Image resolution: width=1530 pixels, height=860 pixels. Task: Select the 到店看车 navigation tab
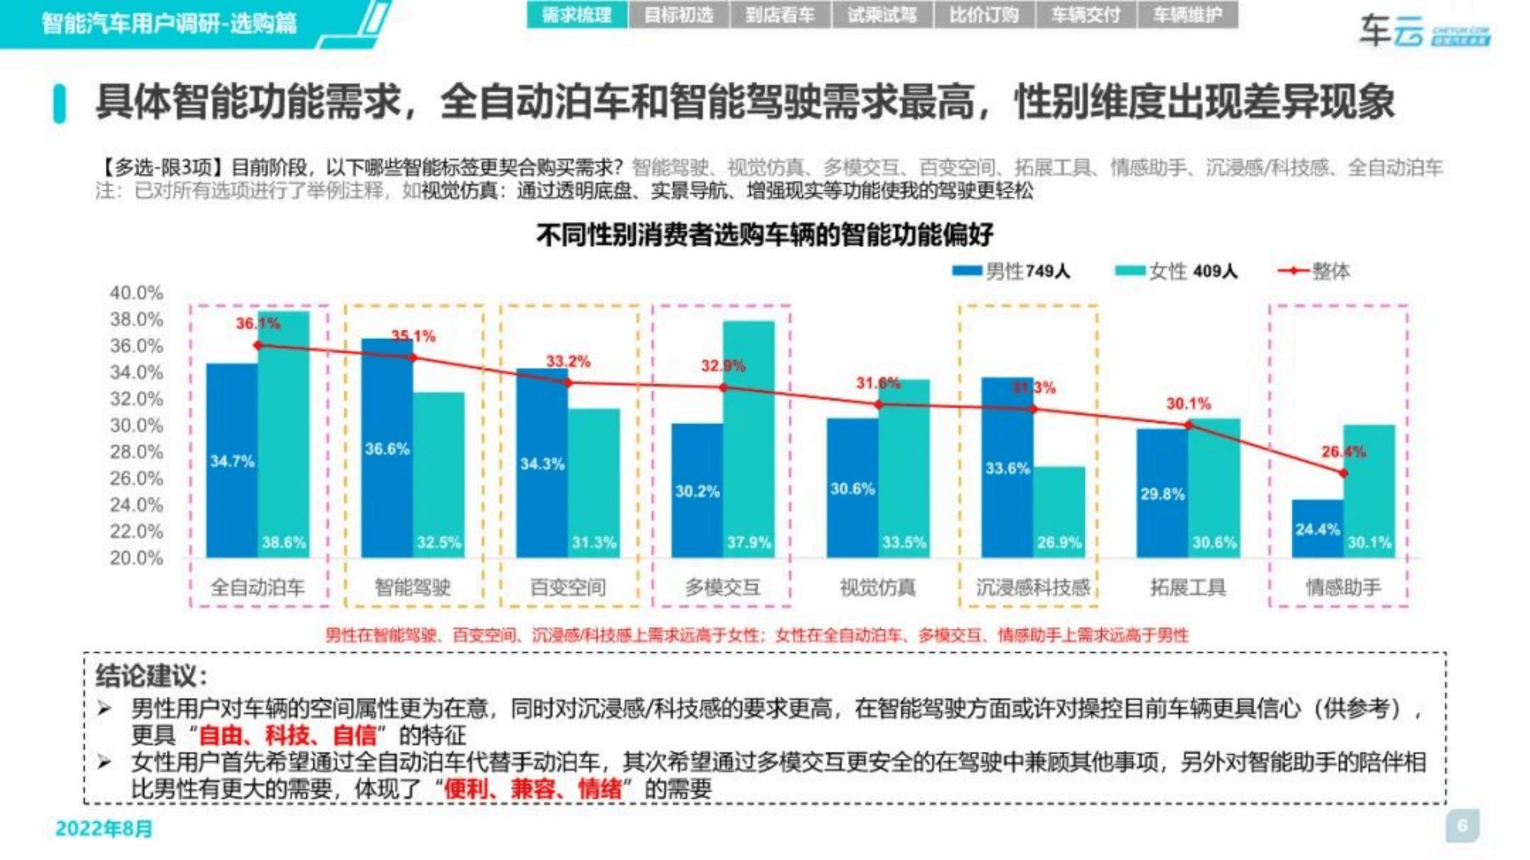click(x=780, y=15)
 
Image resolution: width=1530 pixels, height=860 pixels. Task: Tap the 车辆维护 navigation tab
click(x=1187, y=15)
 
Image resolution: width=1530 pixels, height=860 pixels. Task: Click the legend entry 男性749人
click(x=1011, y=272)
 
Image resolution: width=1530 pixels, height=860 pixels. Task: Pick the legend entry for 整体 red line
click(x=1314, y=272)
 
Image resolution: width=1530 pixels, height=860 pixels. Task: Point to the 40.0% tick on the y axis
click(x=136, y=293)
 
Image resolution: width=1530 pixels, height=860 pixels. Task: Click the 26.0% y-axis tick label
click(x=136, y=478)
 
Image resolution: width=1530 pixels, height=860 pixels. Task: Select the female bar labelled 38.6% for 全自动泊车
click(x=284, y=434)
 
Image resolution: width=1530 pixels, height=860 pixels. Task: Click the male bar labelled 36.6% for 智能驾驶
click(x=387, y=449)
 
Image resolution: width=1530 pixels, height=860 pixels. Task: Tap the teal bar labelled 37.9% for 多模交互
click(x=749, y=440)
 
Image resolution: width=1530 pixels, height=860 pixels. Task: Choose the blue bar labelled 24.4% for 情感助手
click(x=1317, y=528)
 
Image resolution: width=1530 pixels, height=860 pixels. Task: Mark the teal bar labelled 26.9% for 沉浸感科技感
click(x=1059, y=512)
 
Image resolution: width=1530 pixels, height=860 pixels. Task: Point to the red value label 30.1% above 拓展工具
click(x=1188, y=404)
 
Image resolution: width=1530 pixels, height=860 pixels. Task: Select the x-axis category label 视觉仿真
click(x=878, y=587)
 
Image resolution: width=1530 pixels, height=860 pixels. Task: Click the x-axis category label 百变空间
click(x=568, y=587)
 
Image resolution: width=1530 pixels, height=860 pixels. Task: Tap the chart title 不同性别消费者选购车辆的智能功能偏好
click(x=764, y=235)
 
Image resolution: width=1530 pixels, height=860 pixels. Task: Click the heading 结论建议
click(x=151, y=675)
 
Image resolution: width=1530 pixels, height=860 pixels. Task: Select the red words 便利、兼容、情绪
click(x=533, y=789)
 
